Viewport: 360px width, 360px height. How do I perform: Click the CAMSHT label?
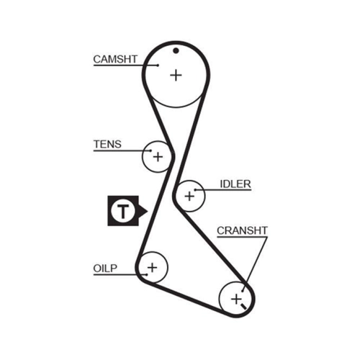click(x=115, y=59)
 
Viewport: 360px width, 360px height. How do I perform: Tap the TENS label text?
click(x=107, y=144)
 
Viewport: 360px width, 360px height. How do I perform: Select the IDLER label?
click(x=235, y=184)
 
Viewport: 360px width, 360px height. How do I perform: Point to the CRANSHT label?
click(x=242, y=230)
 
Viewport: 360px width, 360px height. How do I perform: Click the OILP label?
click(x=105, y=269)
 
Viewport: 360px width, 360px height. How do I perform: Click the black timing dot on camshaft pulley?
click(x=176, y=50)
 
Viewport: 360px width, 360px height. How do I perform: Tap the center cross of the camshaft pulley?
click(x=176, y=76)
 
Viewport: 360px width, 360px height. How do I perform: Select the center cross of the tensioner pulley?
click(x=158, y=157)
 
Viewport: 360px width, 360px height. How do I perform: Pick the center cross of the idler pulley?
click(x=189, y=196)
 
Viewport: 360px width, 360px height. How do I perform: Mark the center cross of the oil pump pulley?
click(x=152, y=267)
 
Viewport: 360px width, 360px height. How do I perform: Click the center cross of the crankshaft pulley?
click(x=236, y=299)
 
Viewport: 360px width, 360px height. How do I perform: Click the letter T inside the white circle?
click(x=123, y=211)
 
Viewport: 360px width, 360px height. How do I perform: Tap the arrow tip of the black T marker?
click(x=148, y=211)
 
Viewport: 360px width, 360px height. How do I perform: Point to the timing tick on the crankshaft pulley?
click(x=243, y=306)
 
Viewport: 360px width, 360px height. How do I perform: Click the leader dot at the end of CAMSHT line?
click(x=158, y=65)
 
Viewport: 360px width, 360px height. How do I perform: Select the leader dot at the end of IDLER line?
click(x=196, y=190)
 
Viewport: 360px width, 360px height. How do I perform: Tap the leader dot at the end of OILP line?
click(x=146, y=274)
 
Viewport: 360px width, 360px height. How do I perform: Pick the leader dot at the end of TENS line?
click(x=151, y=150)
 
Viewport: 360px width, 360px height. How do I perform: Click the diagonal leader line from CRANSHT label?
click(x=255, y=264)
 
